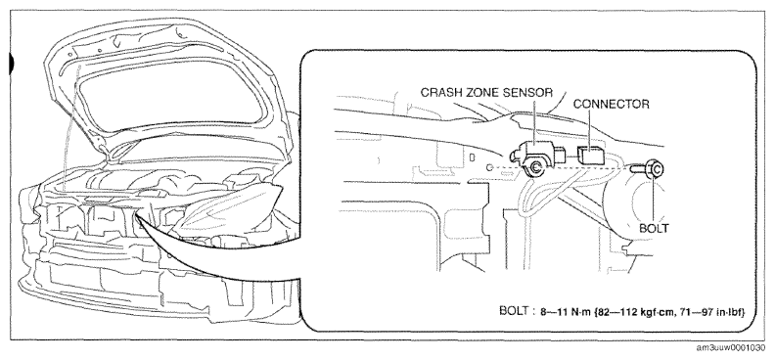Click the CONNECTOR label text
tap(611, 104)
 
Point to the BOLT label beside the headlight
tap(654, 228)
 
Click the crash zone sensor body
tap(535, 157)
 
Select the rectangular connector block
tap(591, 155)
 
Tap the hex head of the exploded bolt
tap(655, 169)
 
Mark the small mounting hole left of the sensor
tap(488, 168)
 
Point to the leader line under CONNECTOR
tap(590, 128)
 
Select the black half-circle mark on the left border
tap(12, 65)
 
